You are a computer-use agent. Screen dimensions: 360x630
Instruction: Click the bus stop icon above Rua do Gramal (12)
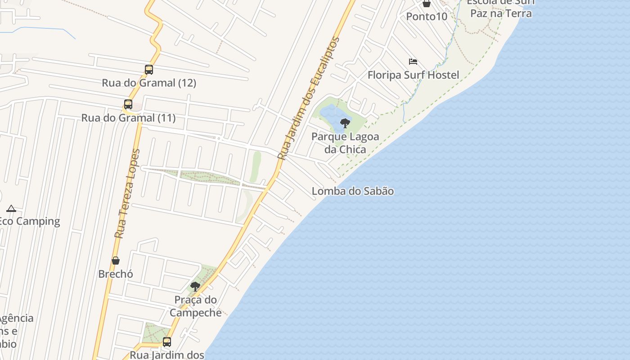click(x=149, y=70)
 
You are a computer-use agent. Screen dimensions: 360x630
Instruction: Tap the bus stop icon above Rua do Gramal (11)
click(x=128, y=104)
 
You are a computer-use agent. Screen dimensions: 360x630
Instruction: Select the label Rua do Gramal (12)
click(x=149, y=83)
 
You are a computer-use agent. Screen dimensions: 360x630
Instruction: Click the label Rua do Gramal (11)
click(x=128, y=118)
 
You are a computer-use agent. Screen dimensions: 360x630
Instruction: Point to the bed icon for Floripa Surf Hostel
click(x=413, y=62)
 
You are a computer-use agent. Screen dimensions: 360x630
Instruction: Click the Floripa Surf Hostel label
click(x=413, y=75)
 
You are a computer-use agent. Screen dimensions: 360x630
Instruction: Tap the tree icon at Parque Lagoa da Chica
click(x=345, y=123)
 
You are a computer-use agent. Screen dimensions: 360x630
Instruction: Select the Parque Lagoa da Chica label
click(x=345, y=143)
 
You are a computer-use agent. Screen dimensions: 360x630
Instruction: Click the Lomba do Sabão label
click(x=353, y=191)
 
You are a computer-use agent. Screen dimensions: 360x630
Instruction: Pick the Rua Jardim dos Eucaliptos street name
click(x=309, y=99)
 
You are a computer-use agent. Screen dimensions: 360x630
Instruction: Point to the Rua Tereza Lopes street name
click(x=127, y=193)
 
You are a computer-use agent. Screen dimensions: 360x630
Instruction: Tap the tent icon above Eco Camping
click(x=11, y=208)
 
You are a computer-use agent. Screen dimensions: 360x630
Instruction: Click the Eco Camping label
click(x=30, y=221)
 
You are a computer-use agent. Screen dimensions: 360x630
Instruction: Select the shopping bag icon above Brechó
click(x=116, y=261)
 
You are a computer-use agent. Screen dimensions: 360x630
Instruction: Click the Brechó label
click(x=116, y=274)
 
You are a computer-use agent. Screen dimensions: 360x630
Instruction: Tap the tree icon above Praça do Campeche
click(x=195, y=286)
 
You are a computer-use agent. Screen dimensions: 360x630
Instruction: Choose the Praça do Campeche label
click(x=196, y=306)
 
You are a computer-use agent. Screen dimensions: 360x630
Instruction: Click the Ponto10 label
click(x=427, y=17)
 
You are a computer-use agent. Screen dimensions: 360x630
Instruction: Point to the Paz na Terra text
click(x=501, y=13)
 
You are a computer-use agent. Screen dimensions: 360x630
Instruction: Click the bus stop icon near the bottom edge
click(x=167, y=342)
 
